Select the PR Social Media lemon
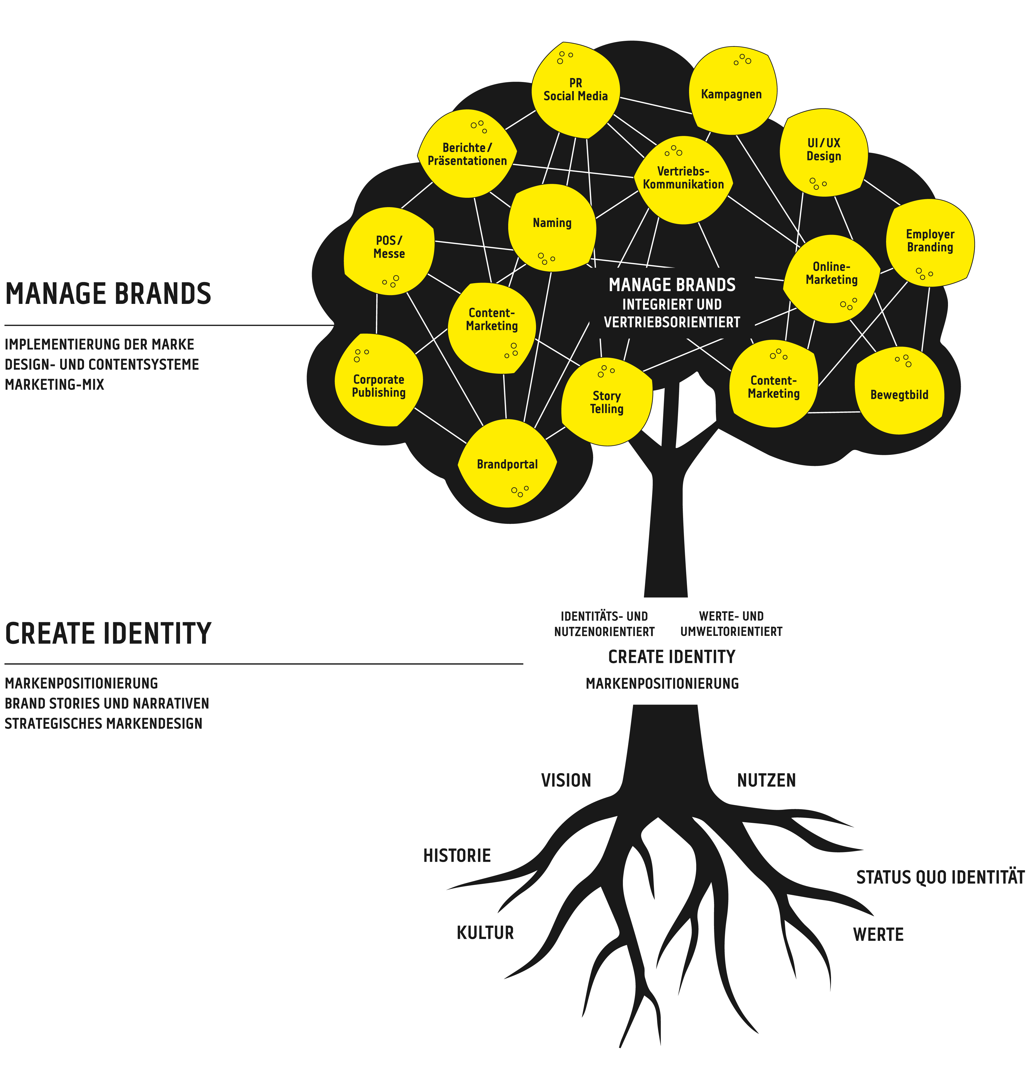575,90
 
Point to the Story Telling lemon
606,402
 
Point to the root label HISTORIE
457,855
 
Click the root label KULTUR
485,933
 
